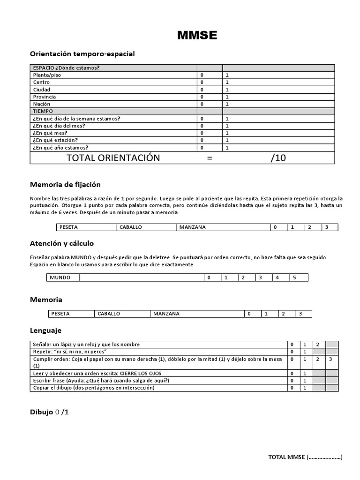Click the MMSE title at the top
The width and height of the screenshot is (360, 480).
197,35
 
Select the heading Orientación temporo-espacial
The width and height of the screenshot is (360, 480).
82,54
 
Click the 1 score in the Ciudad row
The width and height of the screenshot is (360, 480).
227,90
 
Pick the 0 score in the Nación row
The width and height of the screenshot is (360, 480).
202,104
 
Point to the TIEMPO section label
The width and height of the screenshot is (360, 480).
43,111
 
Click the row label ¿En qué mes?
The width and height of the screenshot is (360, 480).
50,133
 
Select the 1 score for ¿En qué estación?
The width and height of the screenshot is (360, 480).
227,140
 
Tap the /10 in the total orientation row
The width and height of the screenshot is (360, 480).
278,158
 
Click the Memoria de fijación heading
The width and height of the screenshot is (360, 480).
65,185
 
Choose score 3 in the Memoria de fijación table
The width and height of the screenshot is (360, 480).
326,227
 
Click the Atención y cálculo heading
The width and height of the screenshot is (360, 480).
62,243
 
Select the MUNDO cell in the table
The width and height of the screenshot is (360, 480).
60,277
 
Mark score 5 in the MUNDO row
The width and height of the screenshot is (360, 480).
294,277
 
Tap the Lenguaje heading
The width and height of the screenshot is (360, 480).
45,330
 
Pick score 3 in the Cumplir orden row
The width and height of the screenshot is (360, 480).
331,359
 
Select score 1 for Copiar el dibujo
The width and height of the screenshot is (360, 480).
305,388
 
